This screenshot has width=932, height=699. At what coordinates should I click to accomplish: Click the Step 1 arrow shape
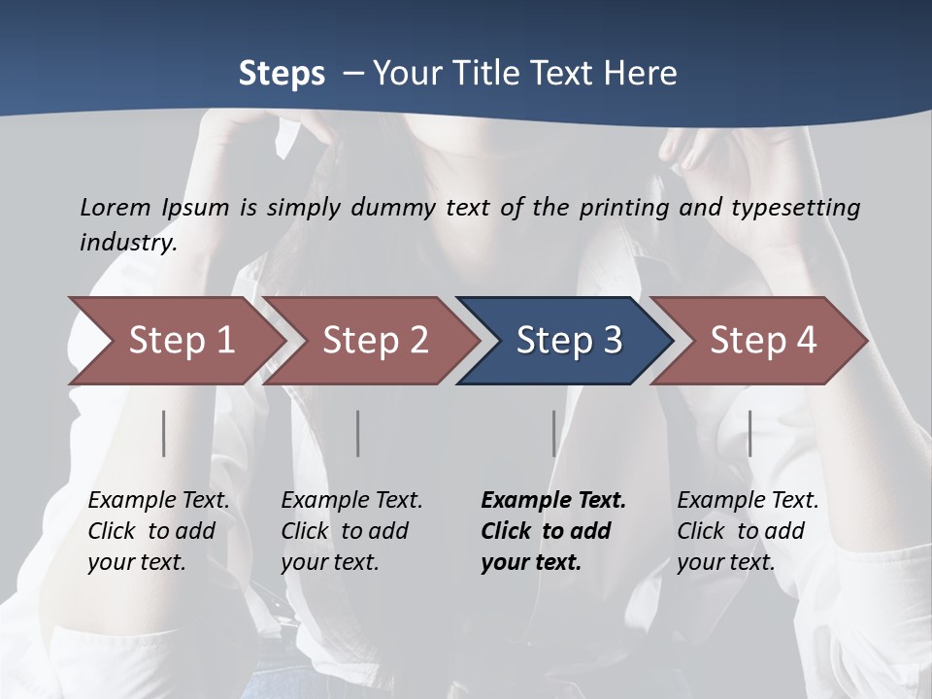(181, 341)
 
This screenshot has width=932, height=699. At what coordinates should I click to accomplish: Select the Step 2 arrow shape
(375, 341)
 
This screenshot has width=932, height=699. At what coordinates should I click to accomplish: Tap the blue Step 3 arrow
(568, 341)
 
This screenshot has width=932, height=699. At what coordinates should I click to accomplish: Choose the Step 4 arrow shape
(762, 341)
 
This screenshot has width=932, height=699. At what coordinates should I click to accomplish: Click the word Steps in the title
(282, 74)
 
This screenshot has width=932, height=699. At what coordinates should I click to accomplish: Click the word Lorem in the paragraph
(114, 207)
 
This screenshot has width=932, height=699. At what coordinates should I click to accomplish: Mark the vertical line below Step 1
(164, 433)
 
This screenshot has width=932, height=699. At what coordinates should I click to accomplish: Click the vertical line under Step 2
(358, 433)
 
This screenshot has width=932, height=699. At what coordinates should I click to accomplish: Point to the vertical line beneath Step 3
(554, 433)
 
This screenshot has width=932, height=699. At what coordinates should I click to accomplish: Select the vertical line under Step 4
(749, 433)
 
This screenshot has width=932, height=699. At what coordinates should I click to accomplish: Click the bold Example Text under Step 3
(553, 501)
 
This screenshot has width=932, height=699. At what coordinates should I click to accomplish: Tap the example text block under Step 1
(158, 531)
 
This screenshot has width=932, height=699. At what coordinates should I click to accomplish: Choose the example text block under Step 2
(351, 531)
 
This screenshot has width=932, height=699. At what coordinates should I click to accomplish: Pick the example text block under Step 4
(748, 531)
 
